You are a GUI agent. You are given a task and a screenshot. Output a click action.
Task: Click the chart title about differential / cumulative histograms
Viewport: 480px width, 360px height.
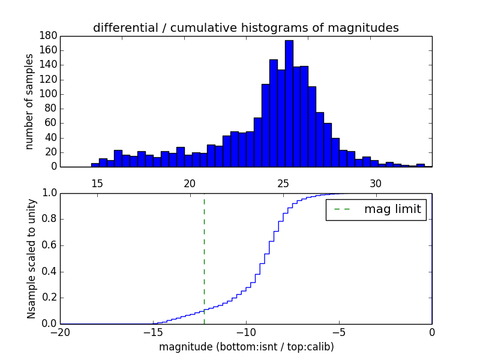coord(245,28)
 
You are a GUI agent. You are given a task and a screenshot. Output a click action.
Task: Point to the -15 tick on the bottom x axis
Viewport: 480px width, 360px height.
coord(153,332)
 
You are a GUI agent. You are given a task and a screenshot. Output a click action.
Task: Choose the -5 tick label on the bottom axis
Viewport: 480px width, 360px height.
coord(339,332)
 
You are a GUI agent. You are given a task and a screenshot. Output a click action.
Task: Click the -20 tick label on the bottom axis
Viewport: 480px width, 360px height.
coord(60,332)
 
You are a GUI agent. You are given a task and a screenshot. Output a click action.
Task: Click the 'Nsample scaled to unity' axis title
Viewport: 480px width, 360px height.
coord(31,259)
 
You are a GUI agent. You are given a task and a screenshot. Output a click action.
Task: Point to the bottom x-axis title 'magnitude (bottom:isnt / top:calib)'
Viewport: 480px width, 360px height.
coord(246,347)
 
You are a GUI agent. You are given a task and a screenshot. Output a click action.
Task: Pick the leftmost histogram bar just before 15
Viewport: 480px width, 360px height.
coord(95,165)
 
